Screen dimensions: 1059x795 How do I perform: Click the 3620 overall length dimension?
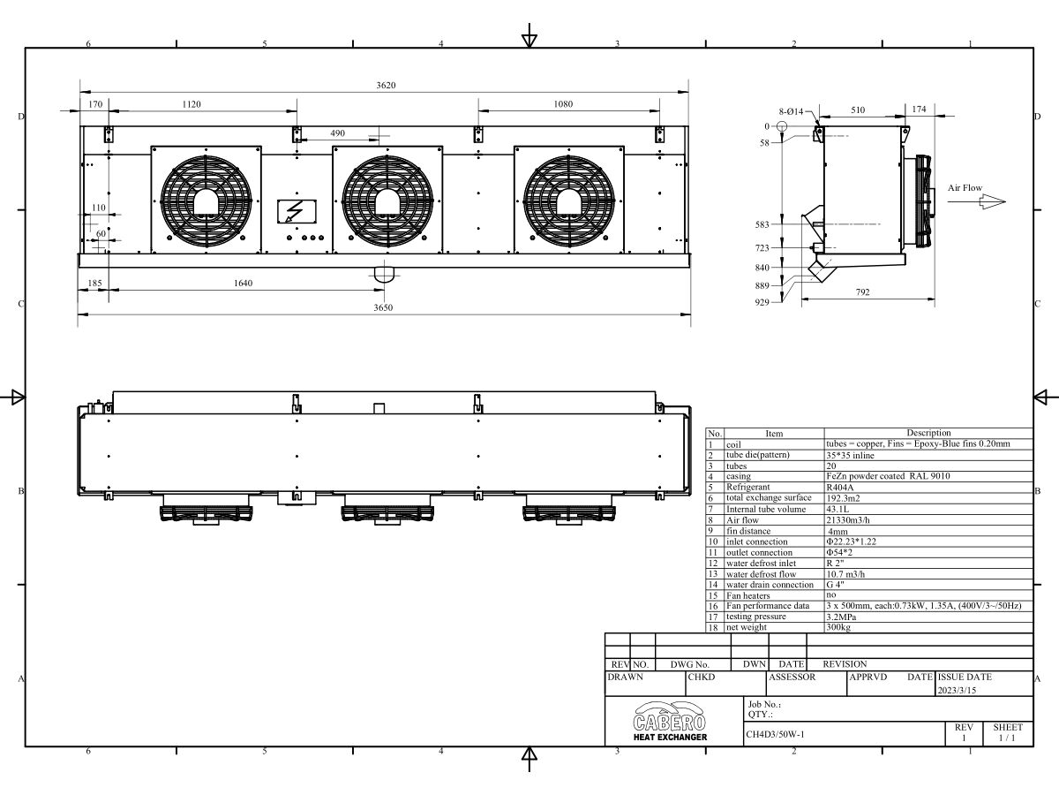point(386,86)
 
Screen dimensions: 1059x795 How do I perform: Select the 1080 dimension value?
point(563,104)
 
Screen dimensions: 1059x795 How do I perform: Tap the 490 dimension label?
point(338,133)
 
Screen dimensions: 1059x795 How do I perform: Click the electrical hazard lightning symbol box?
point(297,211)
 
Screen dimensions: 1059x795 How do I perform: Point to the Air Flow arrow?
point(977,201)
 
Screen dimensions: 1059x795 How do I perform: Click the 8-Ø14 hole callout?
point(792,111)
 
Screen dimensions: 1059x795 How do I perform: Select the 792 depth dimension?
point(862,292)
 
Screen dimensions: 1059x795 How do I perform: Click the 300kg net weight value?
point(838,627)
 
